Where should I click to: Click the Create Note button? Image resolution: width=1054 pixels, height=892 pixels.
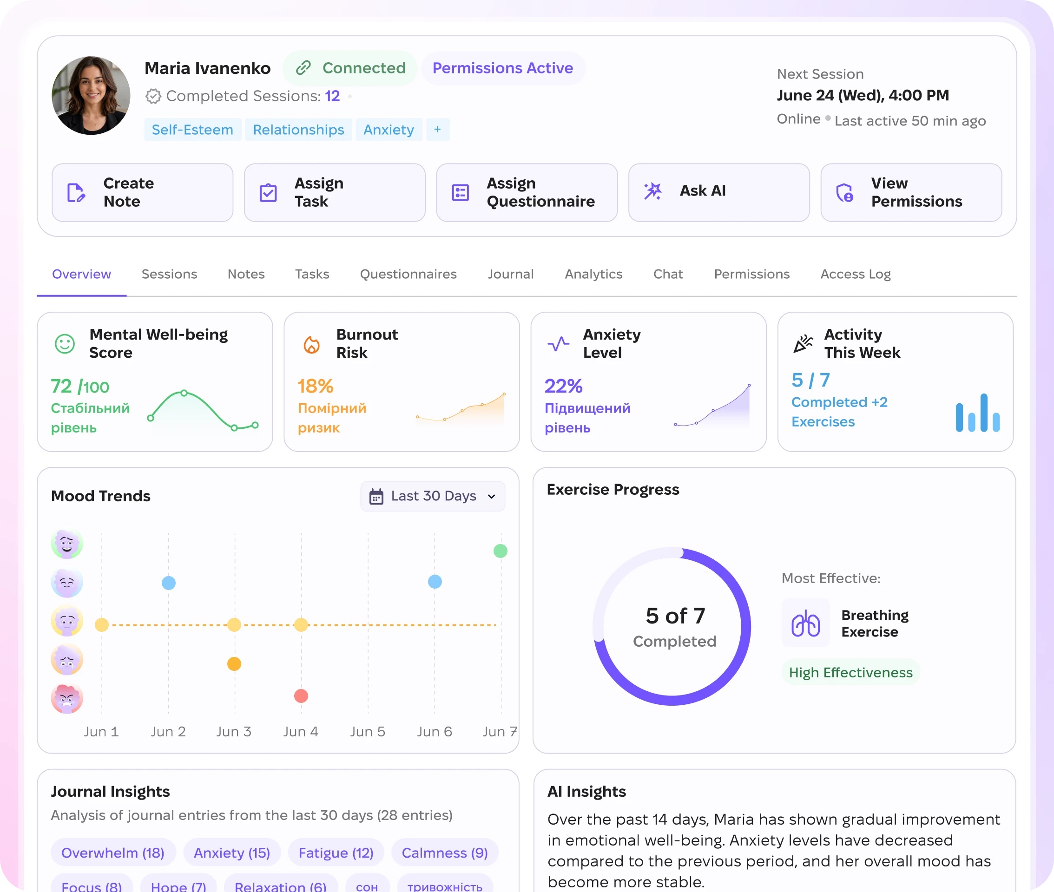pyautogui.click(x=142, y=192)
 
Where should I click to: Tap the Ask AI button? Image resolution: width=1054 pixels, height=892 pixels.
pyautogui.click(x=718, y=192)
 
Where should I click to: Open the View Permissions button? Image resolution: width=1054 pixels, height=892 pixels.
pyautogui.click(x=911, y=192)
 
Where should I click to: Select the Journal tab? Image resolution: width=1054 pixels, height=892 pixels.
pyautogui.click(x=510, y=274)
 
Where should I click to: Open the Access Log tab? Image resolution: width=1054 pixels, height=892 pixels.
pyautogui.click(x=855, y=274)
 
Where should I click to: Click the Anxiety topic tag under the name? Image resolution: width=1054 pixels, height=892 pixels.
pyautogui.click(x=389, y=130)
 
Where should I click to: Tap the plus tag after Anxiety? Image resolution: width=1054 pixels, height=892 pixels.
pyautogui.click(x=437, y=130)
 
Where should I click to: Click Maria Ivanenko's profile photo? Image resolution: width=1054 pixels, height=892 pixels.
pyautogui.click(x=91, y=95)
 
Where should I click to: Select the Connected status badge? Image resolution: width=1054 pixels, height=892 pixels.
pyautogui.click(x=350, y=68)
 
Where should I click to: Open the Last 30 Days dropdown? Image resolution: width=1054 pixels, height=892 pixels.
pyautogui.click(x=432, y=496)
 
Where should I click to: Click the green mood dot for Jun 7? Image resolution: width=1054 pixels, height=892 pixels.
pyautogui.click(x=500, y=551)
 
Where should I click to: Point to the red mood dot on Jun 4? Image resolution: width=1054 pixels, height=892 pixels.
pyautogui.click(x=301, y=696)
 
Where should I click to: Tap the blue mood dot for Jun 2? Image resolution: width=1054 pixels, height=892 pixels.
pyautogui.click(x=168, y=583)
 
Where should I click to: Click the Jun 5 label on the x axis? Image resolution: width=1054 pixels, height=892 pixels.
pyautogui.click(x=368, y=731)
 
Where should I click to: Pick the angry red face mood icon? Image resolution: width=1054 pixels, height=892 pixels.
pyautogui.click(x=67, y=698)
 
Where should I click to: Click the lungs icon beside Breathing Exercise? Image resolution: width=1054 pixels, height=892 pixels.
pyautogui.click(x=806, y=623)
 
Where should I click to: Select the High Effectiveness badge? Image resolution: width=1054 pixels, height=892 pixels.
pyautogui.click(x=851, y=672)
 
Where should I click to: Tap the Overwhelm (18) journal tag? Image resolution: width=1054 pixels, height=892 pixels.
pyautogui.click(x=113, y=853)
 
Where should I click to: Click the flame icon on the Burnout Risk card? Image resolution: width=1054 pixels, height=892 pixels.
pyautogui.click(x=311, y=344)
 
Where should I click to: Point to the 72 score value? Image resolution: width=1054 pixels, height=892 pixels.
pyautogui.click(x=61, y=387)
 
